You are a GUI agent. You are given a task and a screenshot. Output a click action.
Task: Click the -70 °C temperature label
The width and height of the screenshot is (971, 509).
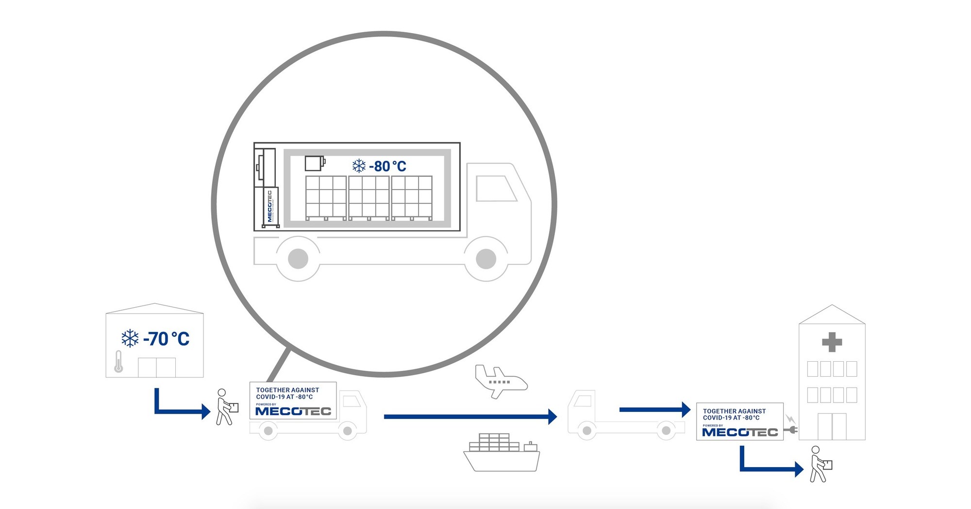pos(166,339)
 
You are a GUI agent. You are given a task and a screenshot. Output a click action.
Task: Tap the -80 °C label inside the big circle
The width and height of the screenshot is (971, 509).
pos(387,166)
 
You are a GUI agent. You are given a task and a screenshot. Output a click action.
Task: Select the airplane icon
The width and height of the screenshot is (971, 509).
pos(500,381)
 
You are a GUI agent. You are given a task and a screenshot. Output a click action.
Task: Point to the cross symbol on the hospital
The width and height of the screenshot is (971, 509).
pos(832,342)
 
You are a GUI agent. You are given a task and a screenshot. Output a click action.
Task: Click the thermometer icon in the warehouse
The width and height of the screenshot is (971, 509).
pos(118,362)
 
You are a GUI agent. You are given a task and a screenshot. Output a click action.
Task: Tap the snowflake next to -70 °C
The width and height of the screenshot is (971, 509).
pos(130,338)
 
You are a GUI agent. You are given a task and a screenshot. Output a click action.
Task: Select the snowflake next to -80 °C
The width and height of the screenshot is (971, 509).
pos(359,166)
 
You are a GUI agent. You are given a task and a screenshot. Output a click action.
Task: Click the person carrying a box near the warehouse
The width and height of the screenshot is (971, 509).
pos(225,407)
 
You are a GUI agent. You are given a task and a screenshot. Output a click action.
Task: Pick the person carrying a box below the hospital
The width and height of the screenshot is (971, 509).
pos(820,464)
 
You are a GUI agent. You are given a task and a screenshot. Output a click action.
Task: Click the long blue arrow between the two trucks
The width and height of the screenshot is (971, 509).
pos(469,417)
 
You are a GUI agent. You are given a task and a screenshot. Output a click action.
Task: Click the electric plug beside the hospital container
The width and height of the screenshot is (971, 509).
pos(792,430)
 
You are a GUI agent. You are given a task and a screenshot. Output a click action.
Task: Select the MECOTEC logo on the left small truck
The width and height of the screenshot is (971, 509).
pos(293,411)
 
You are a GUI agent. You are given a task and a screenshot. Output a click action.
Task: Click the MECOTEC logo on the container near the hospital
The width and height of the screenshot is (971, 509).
pos(739,432)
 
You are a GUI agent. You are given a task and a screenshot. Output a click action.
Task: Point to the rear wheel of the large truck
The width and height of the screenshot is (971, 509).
pos(298,259)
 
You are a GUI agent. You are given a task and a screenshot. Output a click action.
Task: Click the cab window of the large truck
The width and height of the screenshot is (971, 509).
pos(495,189)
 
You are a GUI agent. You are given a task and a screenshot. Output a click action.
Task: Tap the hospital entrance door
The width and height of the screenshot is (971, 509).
pos(832,426)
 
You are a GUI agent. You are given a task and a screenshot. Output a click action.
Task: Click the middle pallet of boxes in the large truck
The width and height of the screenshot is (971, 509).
pos(369,198)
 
